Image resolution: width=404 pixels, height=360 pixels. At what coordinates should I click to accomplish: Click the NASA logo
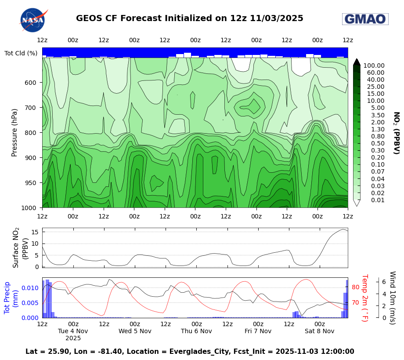(33, 20)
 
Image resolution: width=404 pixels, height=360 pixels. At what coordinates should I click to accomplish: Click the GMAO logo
(365, 19)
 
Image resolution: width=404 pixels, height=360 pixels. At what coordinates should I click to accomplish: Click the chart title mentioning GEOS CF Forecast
(189, 18)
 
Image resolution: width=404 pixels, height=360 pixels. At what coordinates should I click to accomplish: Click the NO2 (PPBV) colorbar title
(396, 133)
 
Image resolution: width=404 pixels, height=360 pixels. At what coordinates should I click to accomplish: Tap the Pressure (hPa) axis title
(14, 132)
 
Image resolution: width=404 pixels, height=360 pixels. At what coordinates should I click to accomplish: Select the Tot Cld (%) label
(21, 53)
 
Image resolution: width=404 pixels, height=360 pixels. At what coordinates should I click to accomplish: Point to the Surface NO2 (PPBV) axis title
(21, 247)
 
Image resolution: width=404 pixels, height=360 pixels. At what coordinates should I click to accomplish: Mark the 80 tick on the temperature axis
(356, 287)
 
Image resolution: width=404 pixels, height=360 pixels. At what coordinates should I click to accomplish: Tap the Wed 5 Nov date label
(135, 331)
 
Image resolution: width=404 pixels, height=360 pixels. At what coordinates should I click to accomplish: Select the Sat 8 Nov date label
(319, 331)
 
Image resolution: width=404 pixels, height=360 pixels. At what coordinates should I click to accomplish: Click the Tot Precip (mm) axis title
(11, 297)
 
